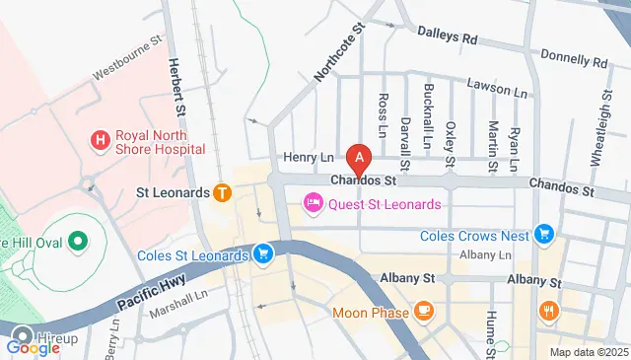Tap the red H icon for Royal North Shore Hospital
pos(100,141)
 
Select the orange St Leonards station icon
pos(223,192)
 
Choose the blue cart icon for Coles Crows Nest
pos(543,235)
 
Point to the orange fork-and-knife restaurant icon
pos(549,312)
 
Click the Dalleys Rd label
pos(447,37)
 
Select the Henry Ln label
pos(309,157)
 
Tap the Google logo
pos(33,347)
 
